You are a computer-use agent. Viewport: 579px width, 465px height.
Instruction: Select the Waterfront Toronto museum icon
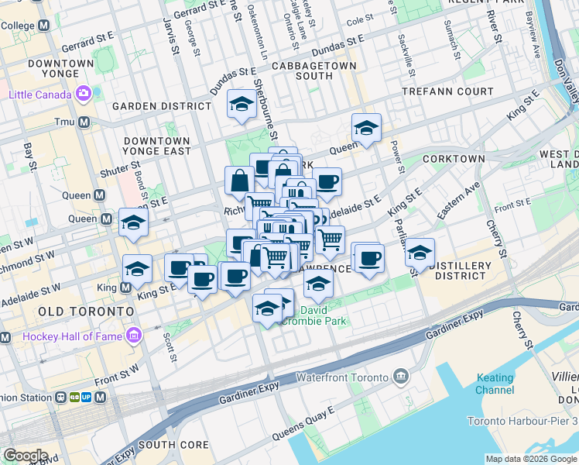(x=401, y=377)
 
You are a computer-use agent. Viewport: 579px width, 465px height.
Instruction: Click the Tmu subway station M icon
(x=83, y=122)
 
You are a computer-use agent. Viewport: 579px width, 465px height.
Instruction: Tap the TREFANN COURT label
(x=447, y=91)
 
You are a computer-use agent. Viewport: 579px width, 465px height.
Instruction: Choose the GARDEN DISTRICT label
(x=162, y=106)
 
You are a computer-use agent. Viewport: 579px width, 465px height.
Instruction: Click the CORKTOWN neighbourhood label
(x=454, y=159)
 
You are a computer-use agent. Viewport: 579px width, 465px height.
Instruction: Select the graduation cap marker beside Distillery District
(x=420, y=253)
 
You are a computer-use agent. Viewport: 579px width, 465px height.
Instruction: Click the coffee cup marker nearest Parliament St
(x=369, y=259)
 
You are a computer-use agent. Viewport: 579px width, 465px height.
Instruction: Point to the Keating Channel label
(x=495, y=384)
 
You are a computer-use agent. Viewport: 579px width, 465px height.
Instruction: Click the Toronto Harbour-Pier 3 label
(x=522, y=422)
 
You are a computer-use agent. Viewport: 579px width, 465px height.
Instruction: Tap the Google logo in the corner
(x=26, y=455)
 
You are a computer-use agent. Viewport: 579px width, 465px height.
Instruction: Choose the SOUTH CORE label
(x=173, y=445)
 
